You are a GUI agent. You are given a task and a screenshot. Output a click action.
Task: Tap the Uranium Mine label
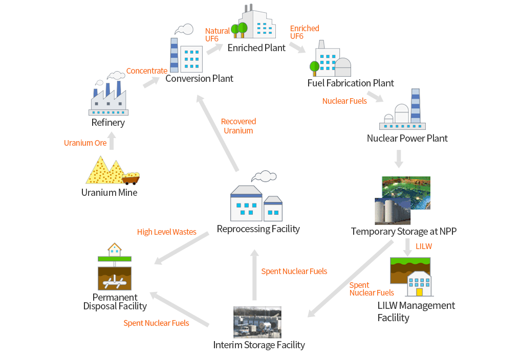pos(109,193)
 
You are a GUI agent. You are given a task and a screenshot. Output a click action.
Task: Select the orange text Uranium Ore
pos(85,143)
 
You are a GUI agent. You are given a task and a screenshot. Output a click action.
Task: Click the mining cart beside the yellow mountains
pos(131,178)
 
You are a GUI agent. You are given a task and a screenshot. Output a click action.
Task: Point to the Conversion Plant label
pos(199,79)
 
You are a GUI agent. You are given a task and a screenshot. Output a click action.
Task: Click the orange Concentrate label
pos(146,71)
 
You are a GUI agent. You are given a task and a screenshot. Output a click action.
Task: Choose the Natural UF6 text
pos(217,35)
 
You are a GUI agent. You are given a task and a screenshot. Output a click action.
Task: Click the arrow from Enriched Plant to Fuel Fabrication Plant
pos(297,48)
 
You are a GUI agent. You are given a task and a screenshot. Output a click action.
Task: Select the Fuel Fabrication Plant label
pos(351,83)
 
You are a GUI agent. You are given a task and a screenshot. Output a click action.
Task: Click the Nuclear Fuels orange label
pos(344,101)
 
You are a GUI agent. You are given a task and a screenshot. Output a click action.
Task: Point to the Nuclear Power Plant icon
pos(403,109)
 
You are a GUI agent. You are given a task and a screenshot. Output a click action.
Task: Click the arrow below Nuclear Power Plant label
pos(399,159)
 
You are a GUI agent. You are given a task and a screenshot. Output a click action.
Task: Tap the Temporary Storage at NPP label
pos(404,231)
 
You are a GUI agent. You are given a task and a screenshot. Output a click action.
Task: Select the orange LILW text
pos(424,246)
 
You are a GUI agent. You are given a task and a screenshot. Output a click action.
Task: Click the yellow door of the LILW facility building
pos(419,292)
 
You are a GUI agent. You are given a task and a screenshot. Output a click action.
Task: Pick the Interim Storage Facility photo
pos(257,322)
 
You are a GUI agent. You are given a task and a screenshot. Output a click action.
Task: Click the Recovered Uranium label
pos(239,126)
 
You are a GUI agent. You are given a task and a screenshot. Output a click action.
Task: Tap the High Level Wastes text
pos(166,232)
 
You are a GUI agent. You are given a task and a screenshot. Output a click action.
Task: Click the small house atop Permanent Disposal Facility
pos(115,250)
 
